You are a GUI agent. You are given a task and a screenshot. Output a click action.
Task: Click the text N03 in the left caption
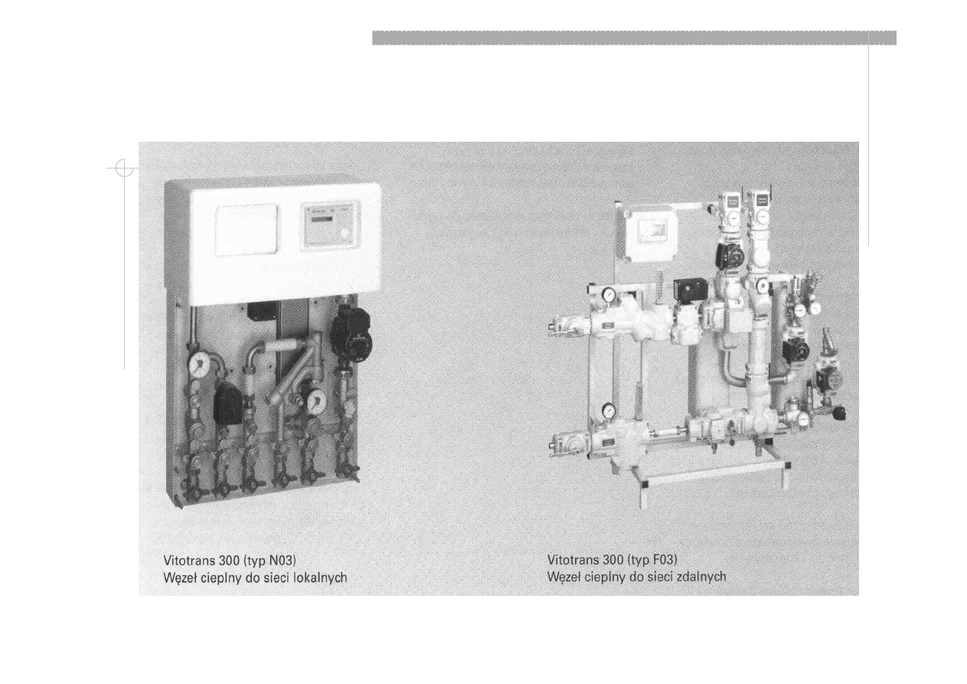click(282, 560)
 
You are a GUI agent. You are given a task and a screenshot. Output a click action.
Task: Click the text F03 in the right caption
click(664, 560)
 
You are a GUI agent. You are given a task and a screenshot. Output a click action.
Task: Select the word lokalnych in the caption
click(320, 578)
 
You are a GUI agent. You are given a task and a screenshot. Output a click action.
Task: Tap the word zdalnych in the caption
click(701, 577)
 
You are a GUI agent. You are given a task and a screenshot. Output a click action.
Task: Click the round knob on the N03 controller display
click(345, 233)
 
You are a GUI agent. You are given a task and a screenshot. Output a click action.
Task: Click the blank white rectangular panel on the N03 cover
click(247, 230)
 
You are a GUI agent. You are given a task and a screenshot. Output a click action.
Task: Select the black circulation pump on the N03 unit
click(351, 332)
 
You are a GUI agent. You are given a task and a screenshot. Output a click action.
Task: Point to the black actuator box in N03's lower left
click(228, 404)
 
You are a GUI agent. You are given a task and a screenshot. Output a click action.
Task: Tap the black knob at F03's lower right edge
click(839, 413)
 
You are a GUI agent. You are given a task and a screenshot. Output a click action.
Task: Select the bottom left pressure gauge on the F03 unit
click(608, 408)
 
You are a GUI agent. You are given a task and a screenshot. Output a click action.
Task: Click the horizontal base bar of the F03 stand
click(714, 474)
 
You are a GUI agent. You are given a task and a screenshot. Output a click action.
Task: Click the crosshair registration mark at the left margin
click(124, 168)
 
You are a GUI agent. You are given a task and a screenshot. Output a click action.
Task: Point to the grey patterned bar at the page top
click(634, 38)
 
